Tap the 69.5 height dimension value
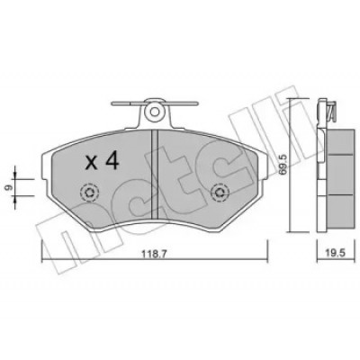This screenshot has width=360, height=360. point(283,165)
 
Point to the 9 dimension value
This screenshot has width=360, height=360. point(9,187)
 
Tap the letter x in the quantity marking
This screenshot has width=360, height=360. point(91,164)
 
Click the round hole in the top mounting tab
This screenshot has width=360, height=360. point(154,112)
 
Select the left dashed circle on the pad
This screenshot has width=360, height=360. point(90,193)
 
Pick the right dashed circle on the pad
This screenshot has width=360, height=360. point(220,193)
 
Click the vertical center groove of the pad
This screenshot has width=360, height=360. point(155,174)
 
